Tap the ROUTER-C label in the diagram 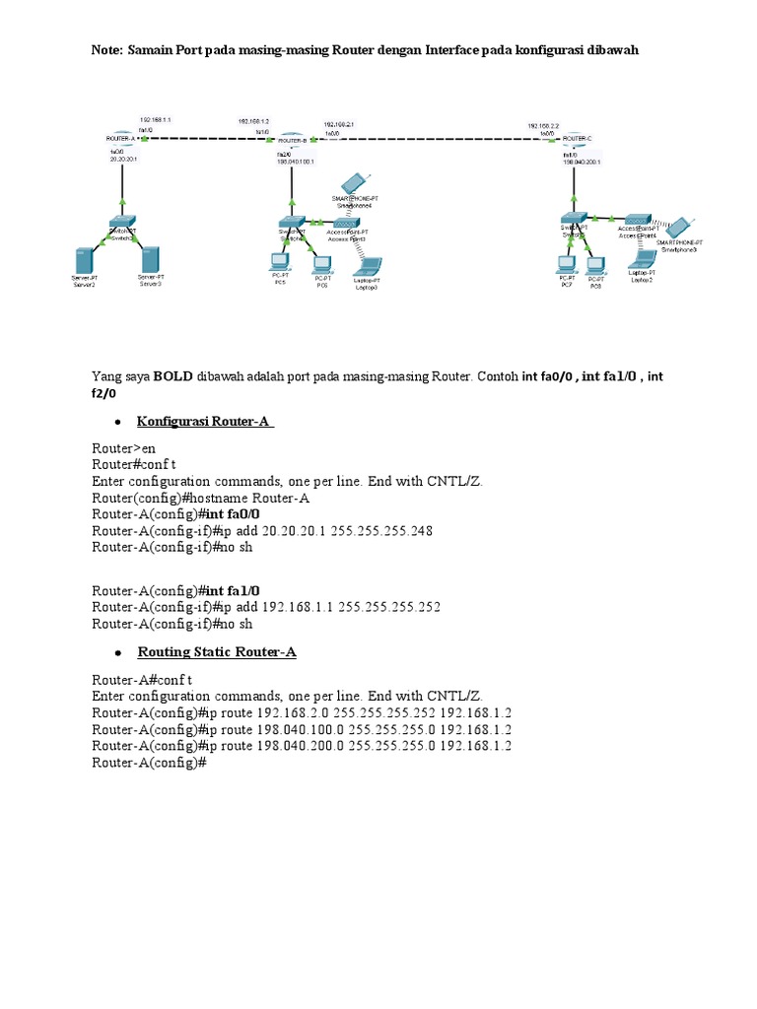[x=578, y=139]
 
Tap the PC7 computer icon [x=566, y=264]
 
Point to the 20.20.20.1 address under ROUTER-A [x=122, y=159]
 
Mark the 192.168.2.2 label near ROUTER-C [x=543, y=126]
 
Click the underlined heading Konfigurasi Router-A [x=205, y=422]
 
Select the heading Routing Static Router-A [x=217, y=652]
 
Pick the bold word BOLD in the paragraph [x=173, y=376]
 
